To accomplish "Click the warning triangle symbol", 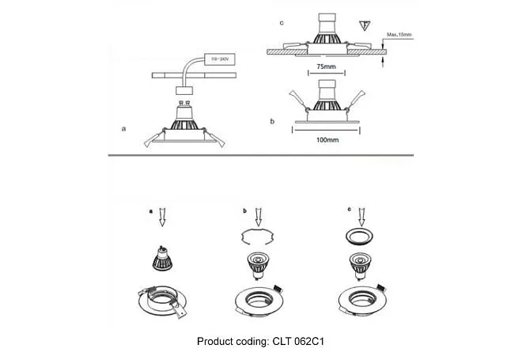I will [x=364, y=25].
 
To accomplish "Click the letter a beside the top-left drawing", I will [x=123, y=127].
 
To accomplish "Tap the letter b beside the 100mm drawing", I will [x=272, y=122].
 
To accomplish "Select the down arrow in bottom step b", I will [x=259, y=215].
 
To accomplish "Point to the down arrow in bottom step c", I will [x=362, y=215].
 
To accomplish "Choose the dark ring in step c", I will [x=361, y=237].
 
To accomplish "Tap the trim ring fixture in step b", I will [x=260, y=302].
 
